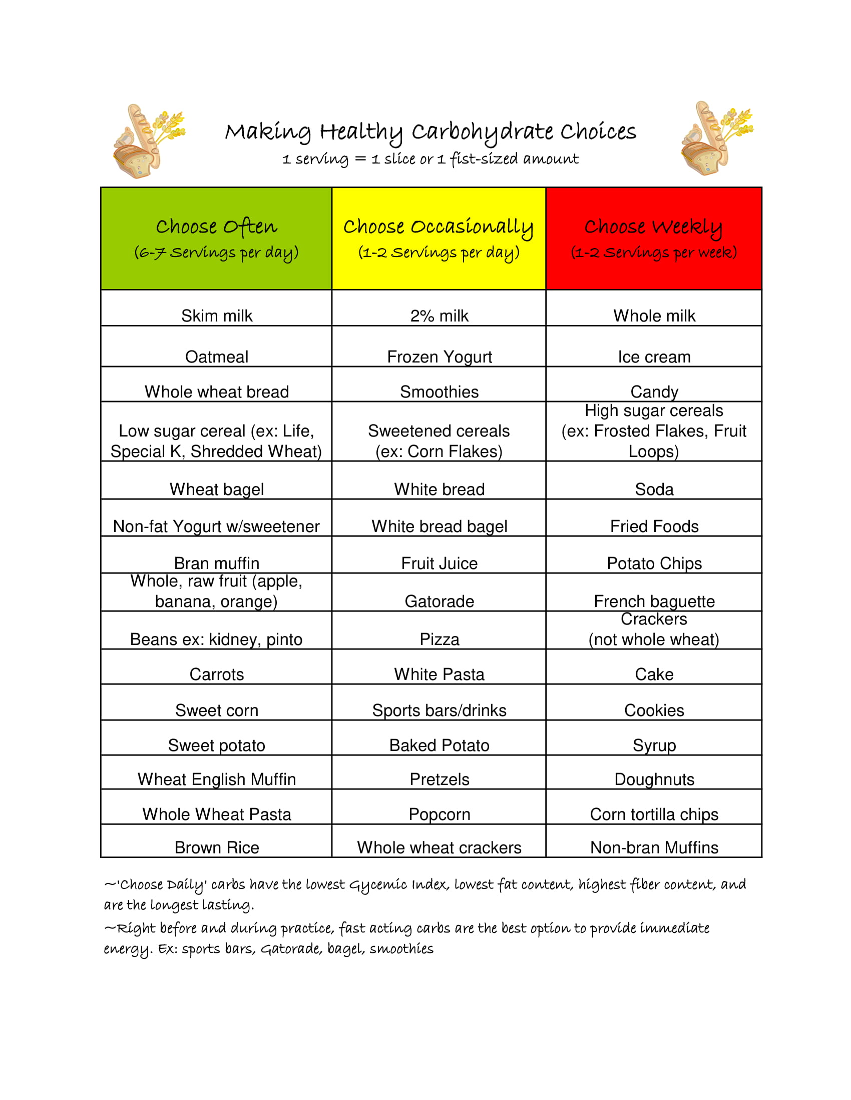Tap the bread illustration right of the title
716,138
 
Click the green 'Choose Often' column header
216,238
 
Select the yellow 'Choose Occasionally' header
439,238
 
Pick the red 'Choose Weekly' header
654,238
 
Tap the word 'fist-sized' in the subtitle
484,159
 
